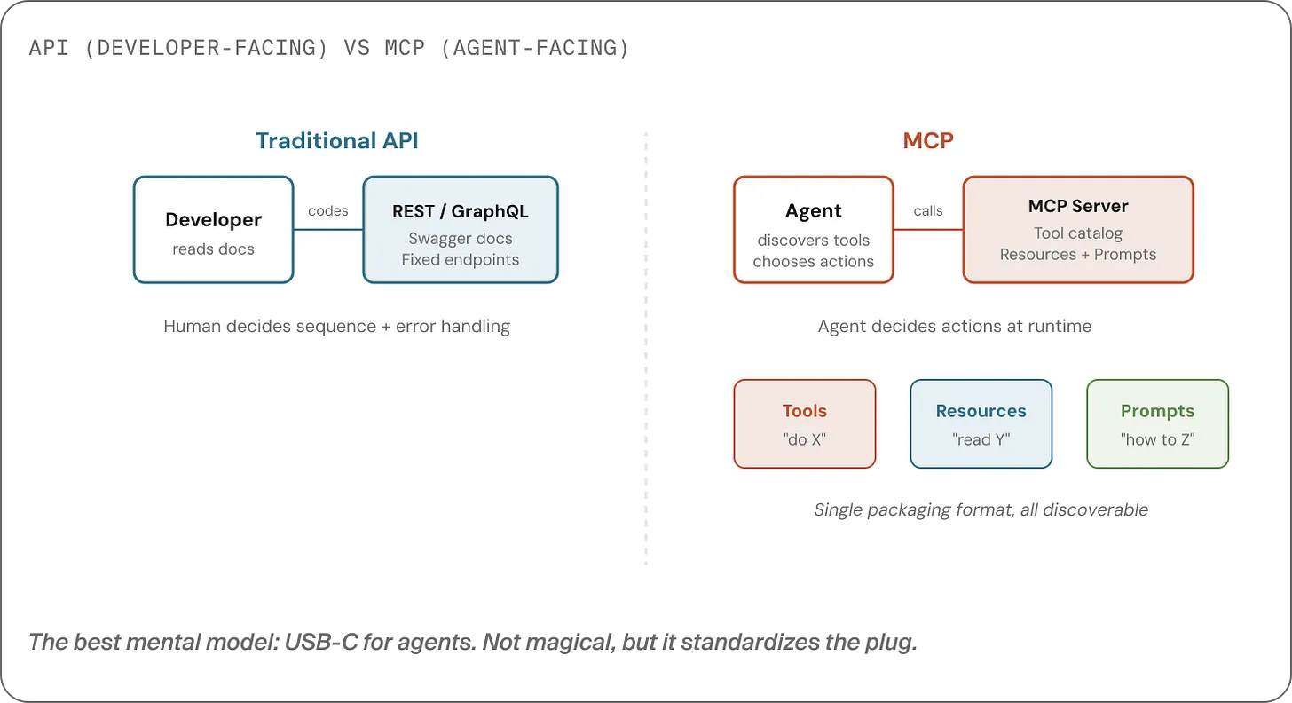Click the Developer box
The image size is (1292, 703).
tap(213, 230)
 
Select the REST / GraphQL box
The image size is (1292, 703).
tap(461, 230)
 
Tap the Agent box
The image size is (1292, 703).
tap(813, 230)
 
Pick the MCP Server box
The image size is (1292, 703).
tap(1078, 230)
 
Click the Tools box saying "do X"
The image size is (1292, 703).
tap(804, 423)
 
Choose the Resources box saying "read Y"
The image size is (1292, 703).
tap(981, 423)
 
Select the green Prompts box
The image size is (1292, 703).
tap(1157, 423)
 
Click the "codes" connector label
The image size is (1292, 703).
tap(327, 211)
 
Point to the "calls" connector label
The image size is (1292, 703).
tap(928, 211)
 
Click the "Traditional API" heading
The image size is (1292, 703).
tap(336, 140)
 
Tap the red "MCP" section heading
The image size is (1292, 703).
tap(928, 140)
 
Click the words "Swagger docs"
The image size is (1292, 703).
tap(461, 239)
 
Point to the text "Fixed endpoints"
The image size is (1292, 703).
tap(461, 259)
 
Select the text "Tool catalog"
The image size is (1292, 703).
tap(1078, 233)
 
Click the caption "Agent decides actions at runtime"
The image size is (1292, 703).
tap(955, 326)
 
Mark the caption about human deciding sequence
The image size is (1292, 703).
tap(336, 326)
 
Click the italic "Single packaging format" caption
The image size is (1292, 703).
tap(981, 509)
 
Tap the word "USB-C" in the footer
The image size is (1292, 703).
tap(320, 642)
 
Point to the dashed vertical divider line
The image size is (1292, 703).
tap(646, 355)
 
